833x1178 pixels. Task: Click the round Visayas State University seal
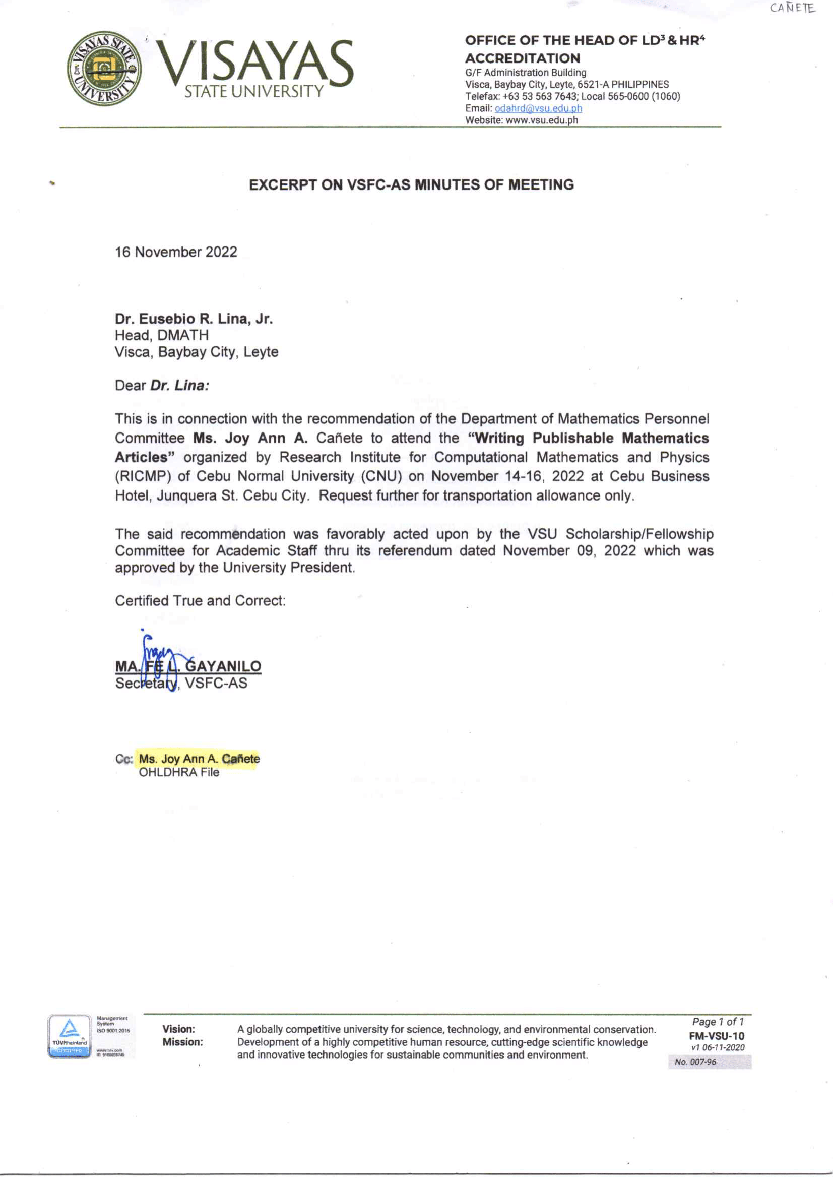pyautogui.click(x=105, y=68)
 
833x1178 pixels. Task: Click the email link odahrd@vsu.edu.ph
pyautogui.click(x=538, y=108)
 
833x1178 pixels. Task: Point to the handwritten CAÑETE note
pyautogui.click(x=792, y=9)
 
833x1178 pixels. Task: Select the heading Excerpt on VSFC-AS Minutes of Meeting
pyautogui.click(x=411, y=184)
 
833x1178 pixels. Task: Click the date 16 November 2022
pyautogui.click(x=176, y=252)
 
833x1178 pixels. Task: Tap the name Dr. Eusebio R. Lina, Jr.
pyautogui.click(x=194, y=319)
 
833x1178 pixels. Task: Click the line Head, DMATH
pyautogui.click(x=162, y=336)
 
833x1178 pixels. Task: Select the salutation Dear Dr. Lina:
pyautogui.click(x=162, y=385)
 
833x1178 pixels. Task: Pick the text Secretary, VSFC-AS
pyautogui.click(x=181, y=684)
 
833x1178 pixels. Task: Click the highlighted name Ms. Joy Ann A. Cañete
pyautogui.click(x=199, y=758)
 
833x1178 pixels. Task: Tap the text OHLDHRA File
pyautogui.click(x=178, y=772)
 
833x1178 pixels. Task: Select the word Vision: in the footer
pyautogui.click(x=178, y=1029)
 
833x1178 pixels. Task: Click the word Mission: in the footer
pyautogui.click(x=182, y=1042)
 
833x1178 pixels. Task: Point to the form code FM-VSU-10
pyautogui.click(x=716, y=1036)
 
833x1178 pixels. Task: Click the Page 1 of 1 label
pyautogui.click(x=718, y=1022)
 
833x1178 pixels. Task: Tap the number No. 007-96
pyautogui.click(x=695, y=1062)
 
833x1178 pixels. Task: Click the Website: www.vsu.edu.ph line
pyautogui.click(x=521, y=120)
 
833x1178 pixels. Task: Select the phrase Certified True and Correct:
pyautogui.click(x=200, y=601)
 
